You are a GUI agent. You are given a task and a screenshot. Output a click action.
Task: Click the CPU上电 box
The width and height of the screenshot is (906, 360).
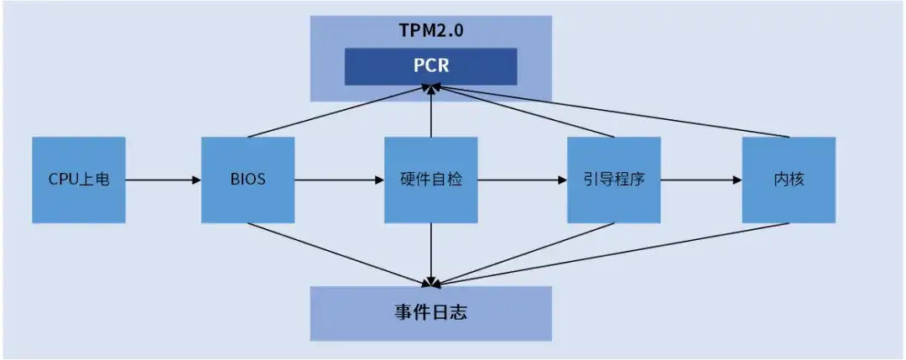tap(79, 180)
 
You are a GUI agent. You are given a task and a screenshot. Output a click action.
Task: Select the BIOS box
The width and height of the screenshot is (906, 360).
tap(247, 180)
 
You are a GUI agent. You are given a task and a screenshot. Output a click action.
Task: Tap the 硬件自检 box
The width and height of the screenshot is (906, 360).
tap(430, 180)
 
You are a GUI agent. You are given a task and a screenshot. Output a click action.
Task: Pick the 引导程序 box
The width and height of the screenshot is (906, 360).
tap(613, 180)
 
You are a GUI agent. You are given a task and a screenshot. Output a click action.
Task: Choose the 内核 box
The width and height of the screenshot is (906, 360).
tap(789, 180)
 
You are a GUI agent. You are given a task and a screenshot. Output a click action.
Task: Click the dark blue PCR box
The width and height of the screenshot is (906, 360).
tap(430, 66)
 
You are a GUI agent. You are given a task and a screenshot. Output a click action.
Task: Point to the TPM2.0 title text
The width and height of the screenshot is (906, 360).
tap(430, 31)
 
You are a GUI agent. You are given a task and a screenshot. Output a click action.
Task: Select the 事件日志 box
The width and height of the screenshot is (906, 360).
tap(430, 313)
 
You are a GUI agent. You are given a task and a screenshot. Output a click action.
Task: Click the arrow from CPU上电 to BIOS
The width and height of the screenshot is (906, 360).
tap(164, 180)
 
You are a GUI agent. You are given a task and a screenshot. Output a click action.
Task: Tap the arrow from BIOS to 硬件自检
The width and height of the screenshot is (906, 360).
tap(339, 180)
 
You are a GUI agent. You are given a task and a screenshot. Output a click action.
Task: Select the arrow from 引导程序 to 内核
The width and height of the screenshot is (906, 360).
tap(700, 180)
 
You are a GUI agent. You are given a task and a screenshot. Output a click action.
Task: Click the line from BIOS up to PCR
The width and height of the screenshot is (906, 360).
tap(340, 112)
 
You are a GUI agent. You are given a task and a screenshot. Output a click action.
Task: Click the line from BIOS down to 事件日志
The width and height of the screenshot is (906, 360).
tap(340, 253)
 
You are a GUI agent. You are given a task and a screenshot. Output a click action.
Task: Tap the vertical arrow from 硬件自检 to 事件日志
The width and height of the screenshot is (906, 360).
tap(430, 253)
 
